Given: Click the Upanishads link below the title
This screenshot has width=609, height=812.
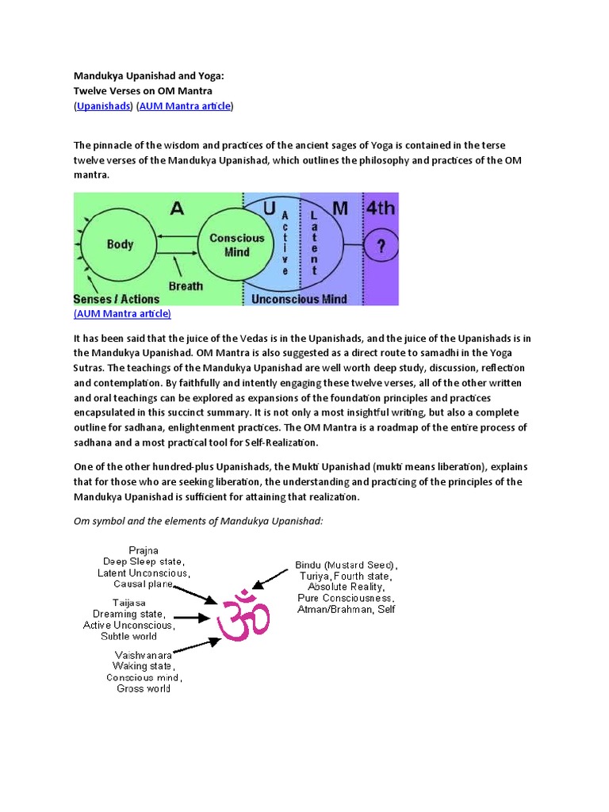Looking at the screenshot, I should pyautogui.click(x=103, y=106).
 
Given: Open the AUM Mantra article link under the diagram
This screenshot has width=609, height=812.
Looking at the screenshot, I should pyautogui.click(x=122, y=314).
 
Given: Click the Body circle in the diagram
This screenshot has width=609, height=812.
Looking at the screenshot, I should pyautogui.click(x=120, y=245).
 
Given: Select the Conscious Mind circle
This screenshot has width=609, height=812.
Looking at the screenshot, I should pyautogui.click(x=236, y=245).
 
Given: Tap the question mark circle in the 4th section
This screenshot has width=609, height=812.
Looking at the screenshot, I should pyautogui.click(x=381, y=247).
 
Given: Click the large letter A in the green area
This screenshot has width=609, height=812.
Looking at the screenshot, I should pyautogui.click(x=177, y=208).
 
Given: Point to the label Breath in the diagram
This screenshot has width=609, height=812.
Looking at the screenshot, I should pyautogui.click(x=186, y=285).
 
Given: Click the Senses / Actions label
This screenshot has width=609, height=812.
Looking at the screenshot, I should pyautogui.click(x=116, y=300).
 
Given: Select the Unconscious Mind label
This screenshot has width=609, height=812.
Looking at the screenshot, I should pyautogui.click(x=299, y=299).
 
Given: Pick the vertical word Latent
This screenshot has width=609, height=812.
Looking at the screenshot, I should pyautogui.click(x=314, y=243).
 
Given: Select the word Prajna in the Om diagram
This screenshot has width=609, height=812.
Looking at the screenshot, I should pyautogui.click(x=144, y=550).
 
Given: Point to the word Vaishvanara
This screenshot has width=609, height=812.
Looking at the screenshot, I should pyautogui.click(x=144, y=655).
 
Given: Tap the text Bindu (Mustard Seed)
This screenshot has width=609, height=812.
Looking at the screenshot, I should pyautogui.click(x=347, y=565).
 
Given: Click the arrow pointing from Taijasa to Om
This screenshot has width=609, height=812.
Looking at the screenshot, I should pyautogui.click(x=193, y=616).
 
